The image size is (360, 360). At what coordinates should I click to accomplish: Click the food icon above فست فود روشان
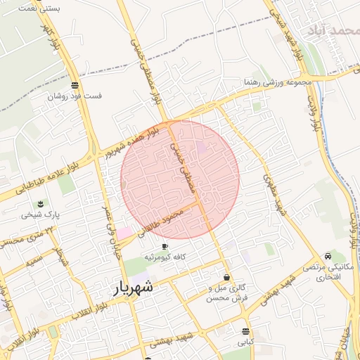tap(75, 84)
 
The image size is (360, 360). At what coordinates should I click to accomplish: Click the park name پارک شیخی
tap(39, 215)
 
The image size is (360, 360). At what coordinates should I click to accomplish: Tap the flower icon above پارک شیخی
tap(41, 203)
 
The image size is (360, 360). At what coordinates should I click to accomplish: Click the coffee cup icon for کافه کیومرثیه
tap(165, 247)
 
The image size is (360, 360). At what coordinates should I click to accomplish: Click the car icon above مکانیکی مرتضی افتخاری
tap(328, 257)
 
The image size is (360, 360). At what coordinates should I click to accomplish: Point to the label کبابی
tap(244, 342)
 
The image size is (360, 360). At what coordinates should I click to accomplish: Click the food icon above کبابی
tap(245, 331)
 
